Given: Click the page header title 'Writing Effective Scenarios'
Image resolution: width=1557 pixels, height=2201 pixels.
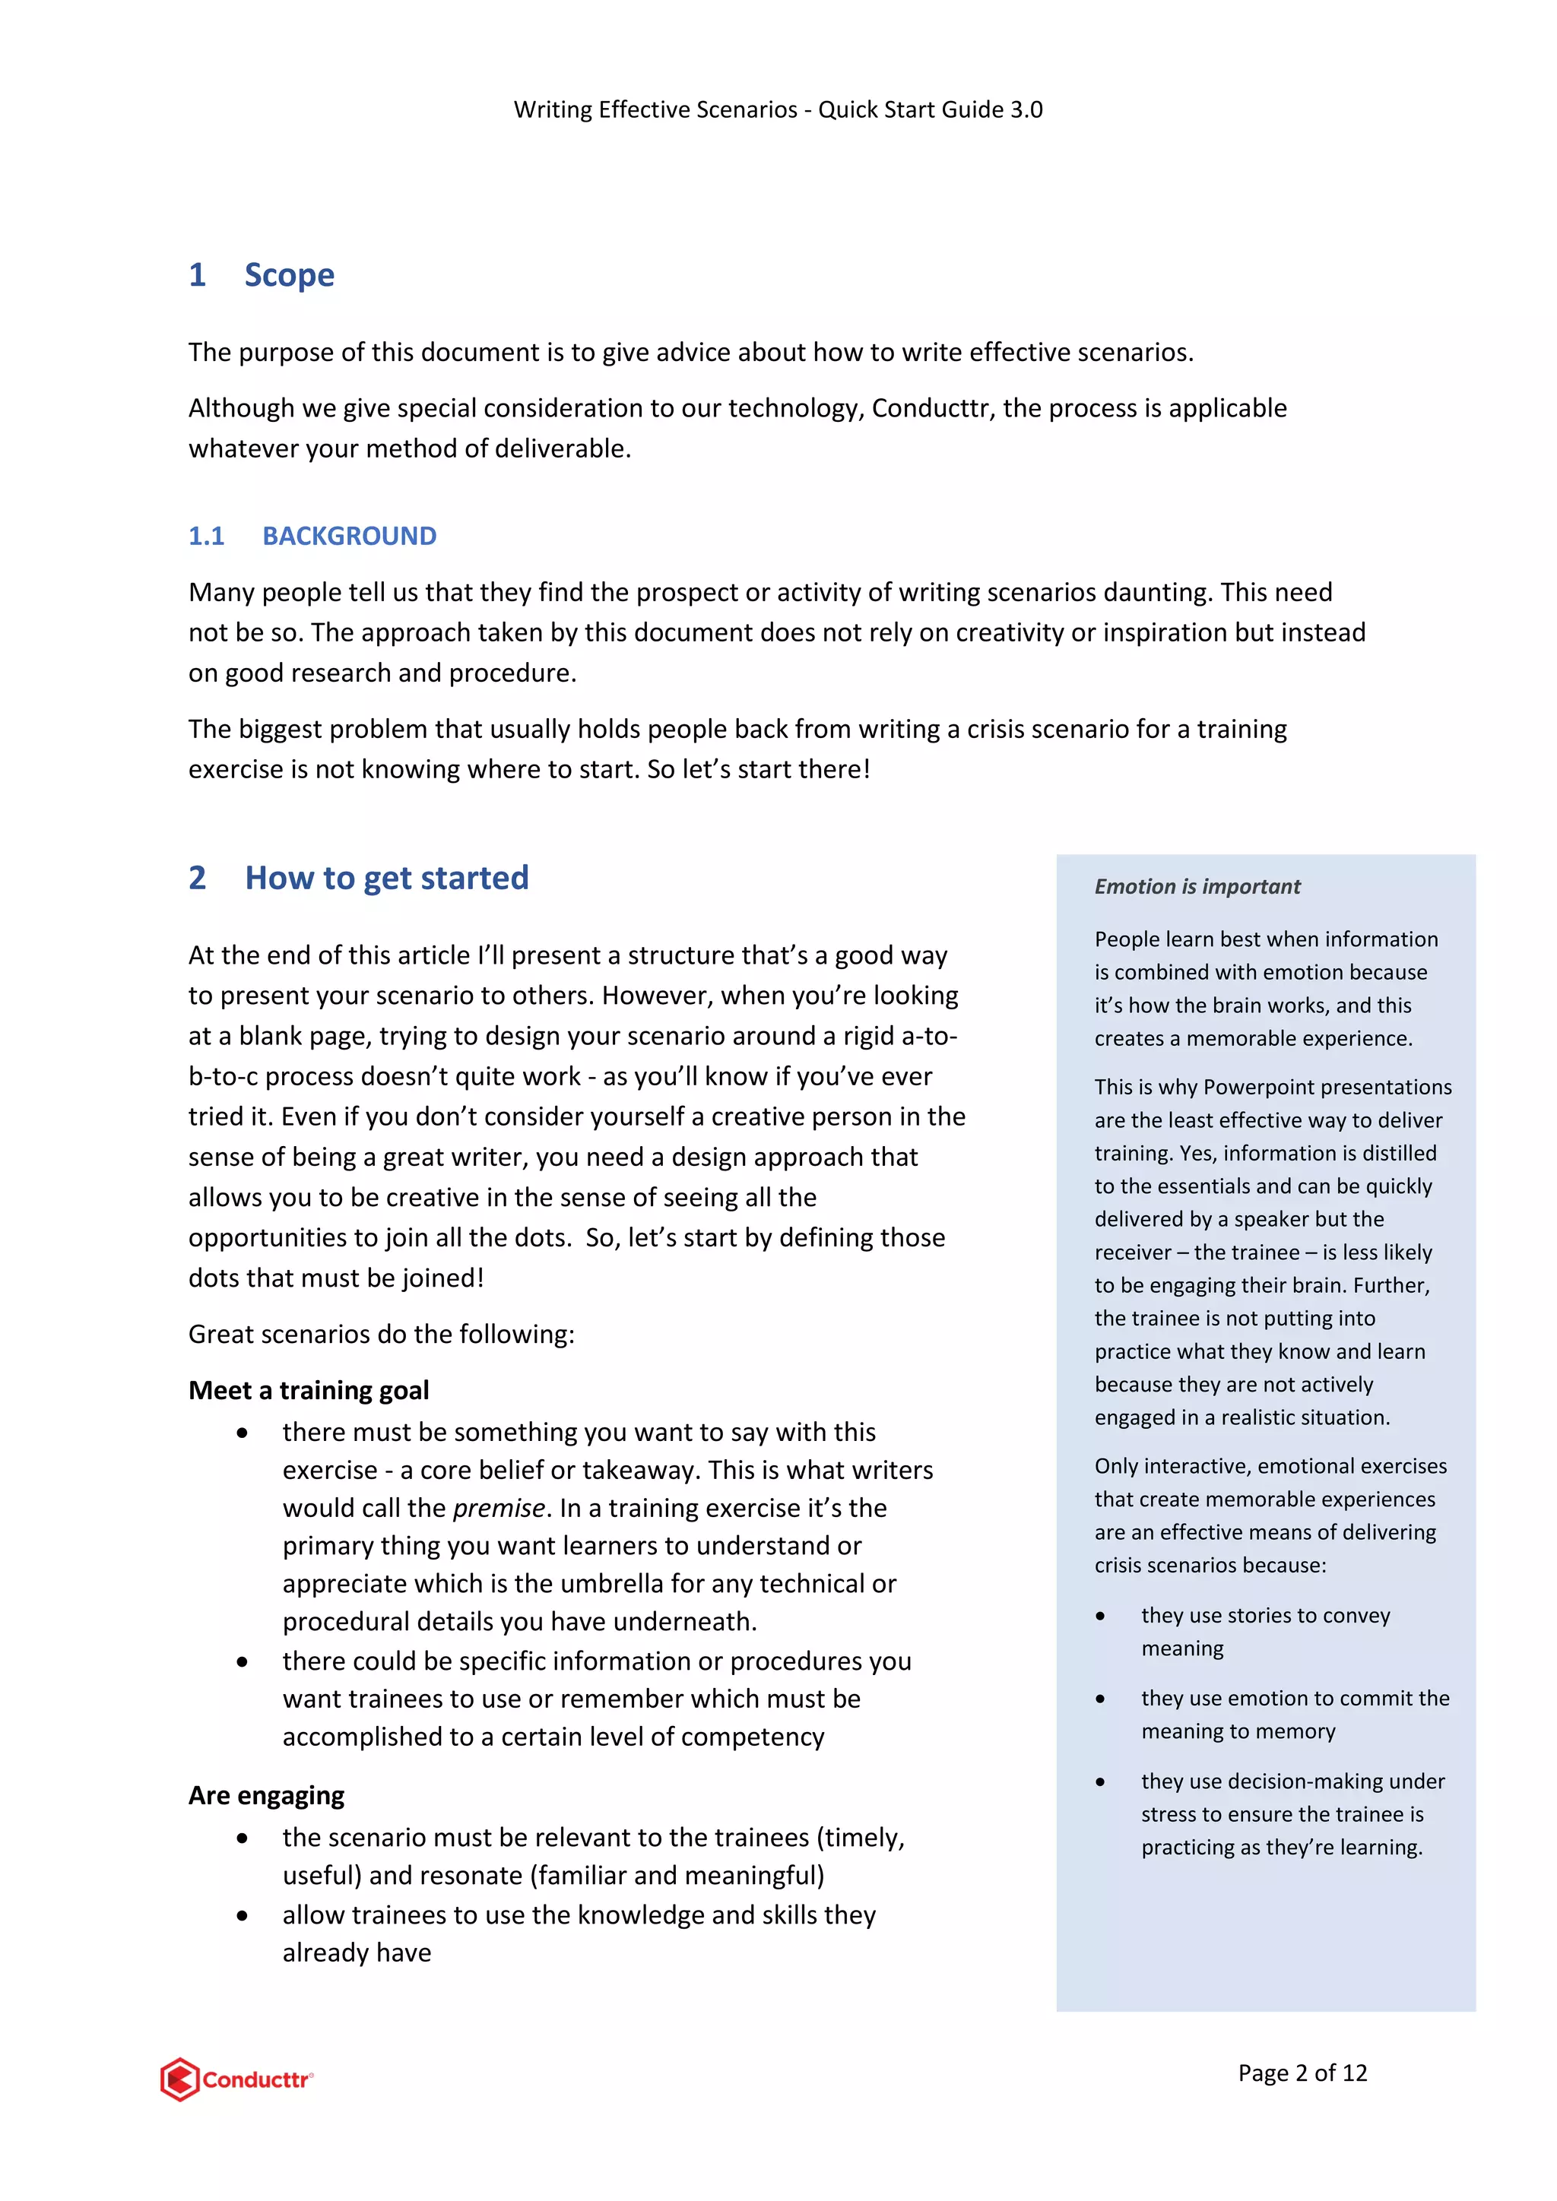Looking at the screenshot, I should coord(655,109).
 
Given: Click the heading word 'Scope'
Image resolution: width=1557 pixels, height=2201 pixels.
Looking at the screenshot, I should coord(289,275).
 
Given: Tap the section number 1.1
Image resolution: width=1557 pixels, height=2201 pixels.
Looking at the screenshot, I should coord(206,536).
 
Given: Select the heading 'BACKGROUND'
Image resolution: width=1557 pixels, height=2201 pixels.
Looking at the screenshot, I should coord(349,536).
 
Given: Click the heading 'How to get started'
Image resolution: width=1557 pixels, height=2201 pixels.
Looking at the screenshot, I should coord(386,878).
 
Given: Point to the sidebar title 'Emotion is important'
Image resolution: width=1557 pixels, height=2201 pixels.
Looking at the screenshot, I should coord(1197,887).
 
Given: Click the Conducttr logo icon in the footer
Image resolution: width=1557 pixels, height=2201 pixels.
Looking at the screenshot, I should coord(180,2079).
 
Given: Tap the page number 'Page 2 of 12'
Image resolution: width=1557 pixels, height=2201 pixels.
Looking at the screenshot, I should coord(1302,2073).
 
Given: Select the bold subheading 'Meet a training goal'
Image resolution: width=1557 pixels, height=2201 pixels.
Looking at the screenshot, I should coord(308,1390).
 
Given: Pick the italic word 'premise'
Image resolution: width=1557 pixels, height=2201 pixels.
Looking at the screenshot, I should coord(499,1508).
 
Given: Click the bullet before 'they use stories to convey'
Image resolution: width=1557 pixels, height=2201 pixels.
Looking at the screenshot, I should coord(1101,1617).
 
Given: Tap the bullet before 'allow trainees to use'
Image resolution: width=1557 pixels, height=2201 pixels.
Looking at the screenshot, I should coord(243,1915).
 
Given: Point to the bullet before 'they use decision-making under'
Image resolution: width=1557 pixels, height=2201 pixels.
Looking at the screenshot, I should coord(1101,1782).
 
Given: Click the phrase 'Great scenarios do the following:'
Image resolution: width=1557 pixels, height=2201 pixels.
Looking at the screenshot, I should coord(381,1335).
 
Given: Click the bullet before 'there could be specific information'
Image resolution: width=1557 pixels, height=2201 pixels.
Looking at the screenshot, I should coord(243,1661).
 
